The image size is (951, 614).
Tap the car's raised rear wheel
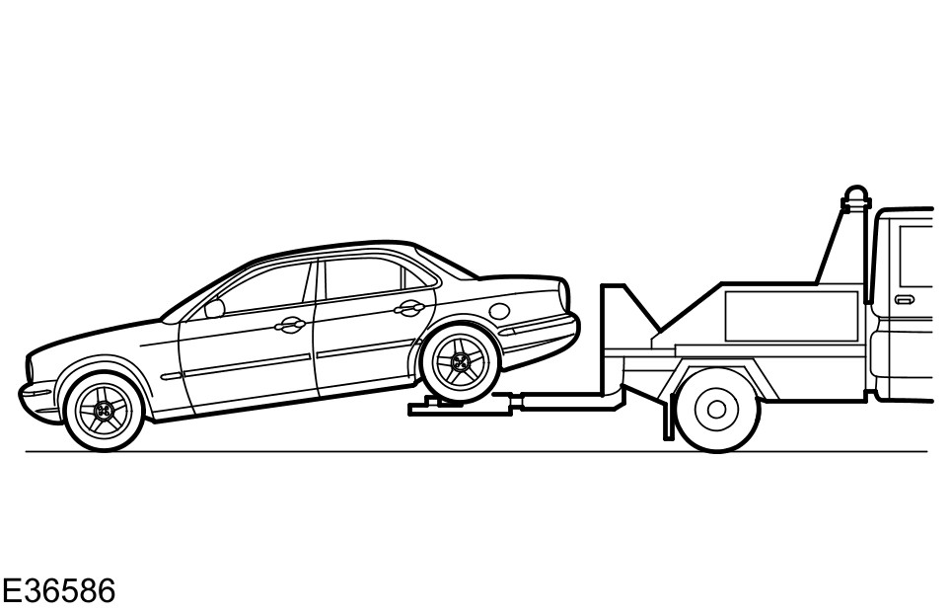pyautogui.click(x=458, y=363)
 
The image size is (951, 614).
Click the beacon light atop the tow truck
pyautogui.click(x=855, y=193)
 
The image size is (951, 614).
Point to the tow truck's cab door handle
pyautogui.click(x=904, y=299)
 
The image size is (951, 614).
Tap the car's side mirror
pyautogui.click(x=214, y=308)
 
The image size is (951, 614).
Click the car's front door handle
pyautogui.click(x=291, y=325)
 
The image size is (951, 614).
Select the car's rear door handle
pyautogui.click(x=406, y=308)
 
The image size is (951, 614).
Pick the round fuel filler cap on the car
pyautogui.click(x=500, y=310)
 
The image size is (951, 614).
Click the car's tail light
pyautogui.click(x=564, y=294)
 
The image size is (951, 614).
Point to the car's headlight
pyautogui.click(x=39, y=372)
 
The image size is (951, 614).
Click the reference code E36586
pyautogui.click(x=59, y=591)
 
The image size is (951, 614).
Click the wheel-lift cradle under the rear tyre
pyautogui.click(x=444, y=405)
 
